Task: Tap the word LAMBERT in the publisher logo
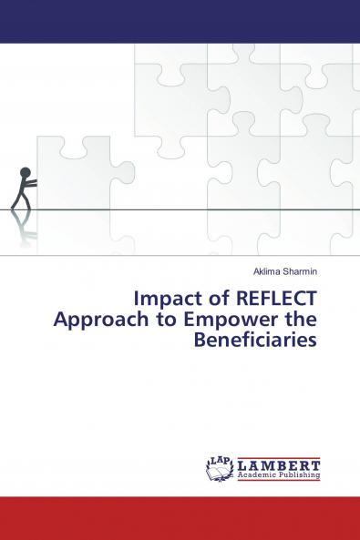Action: (279, 462)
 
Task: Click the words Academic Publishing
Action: (279, 474)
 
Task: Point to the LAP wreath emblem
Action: (220, 467)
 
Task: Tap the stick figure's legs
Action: (19, 199)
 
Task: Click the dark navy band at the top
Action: (180, 21)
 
